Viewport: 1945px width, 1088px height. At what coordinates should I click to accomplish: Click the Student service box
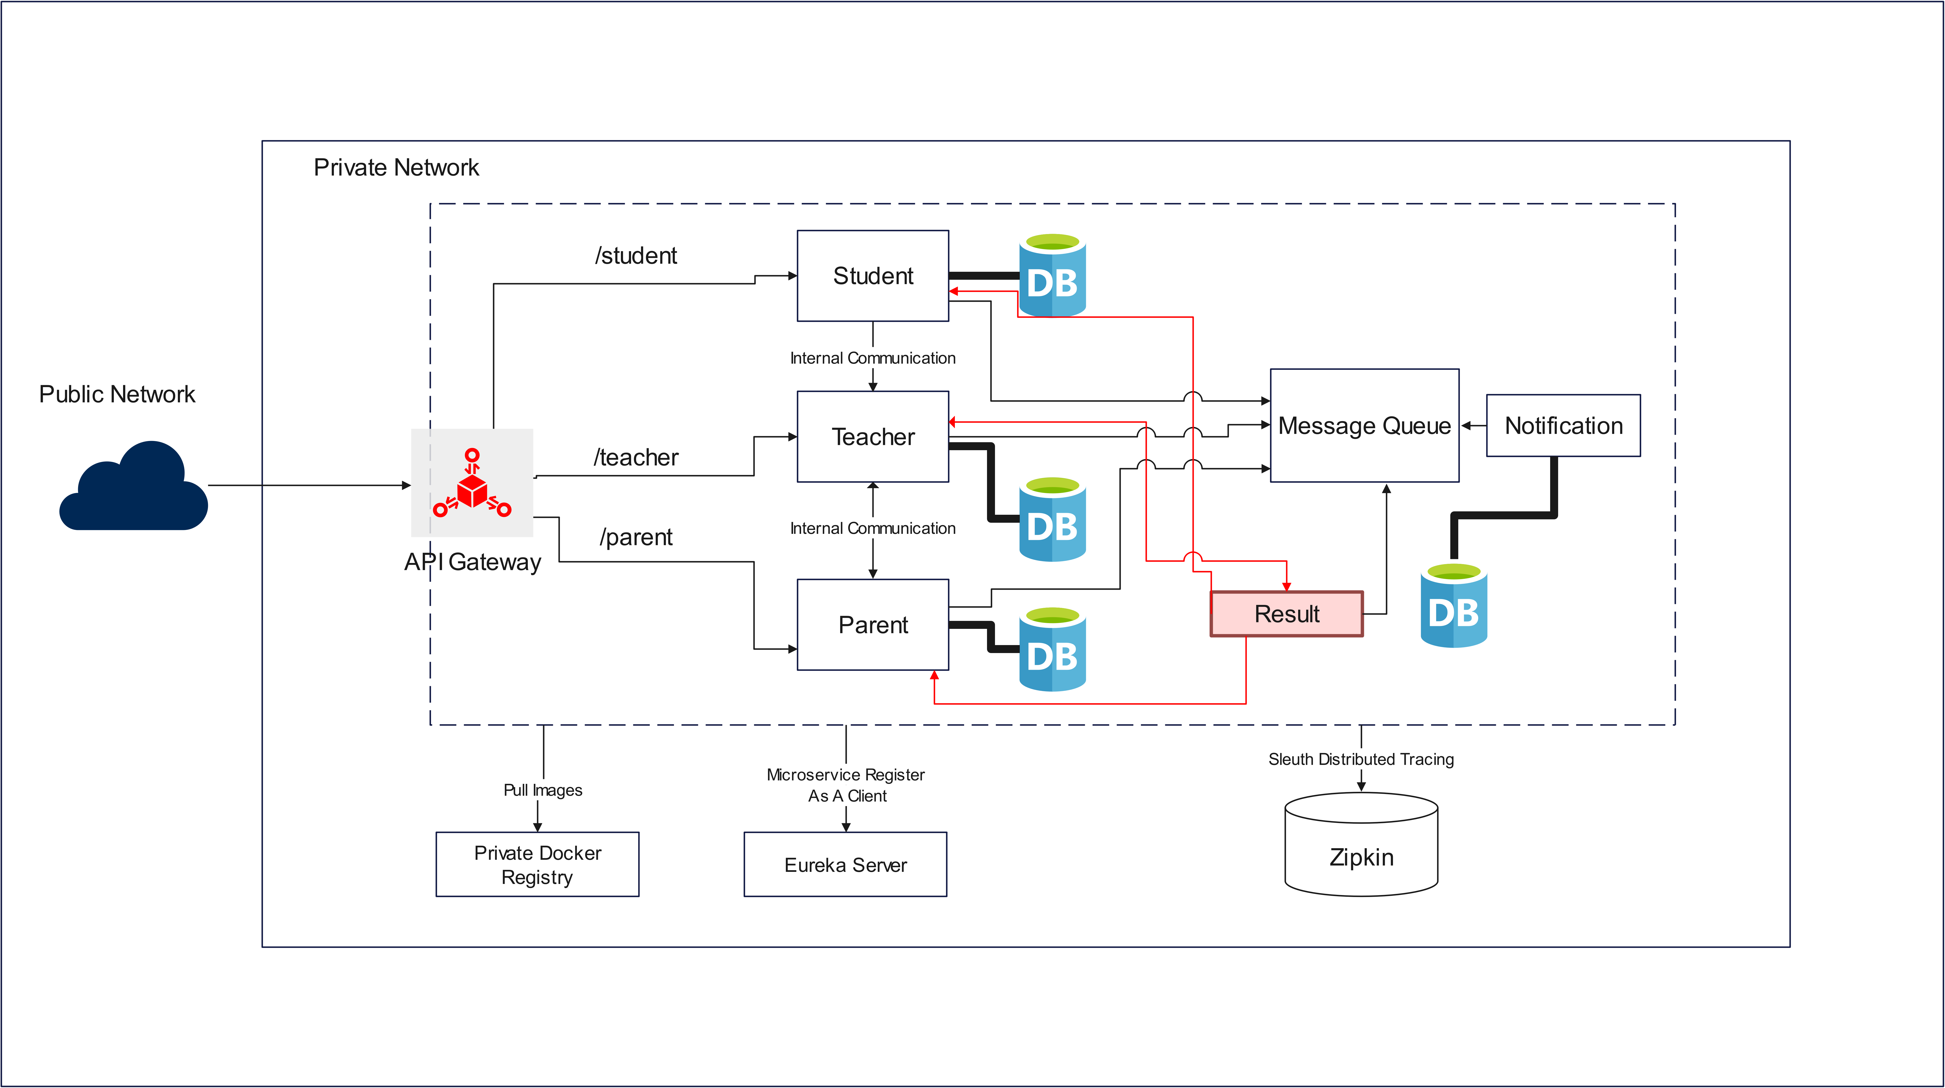(x=873, y=276)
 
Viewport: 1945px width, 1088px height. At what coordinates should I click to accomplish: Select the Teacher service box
(x=873, y=436)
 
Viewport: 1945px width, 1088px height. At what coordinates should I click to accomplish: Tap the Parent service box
(x=873, y=625)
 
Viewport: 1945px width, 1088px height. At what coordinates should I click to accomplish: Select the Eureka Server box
(x=846, y=865)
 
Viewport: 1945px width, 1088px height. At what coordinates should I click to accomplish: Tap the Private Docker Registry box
(x=538, y=865)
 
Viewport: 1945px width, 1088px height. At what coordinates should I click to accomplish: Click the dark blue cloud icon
(x=134, y=487)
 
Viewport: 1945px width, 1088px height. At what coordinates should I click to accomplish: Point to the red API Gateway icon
(x=472, y=483)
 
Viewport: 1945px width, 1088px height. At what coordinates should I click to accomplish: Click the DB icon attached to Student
(x=1053, y=276)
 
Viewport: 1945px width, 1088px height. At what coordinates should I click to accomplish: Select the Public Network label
(x=117, y=394)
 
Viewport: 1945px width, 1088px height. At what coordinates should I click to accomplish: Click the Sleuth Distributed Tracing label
(x=1361, y=759)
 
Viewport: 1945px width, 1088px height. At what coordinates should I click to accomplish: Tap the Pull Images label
(x=543, y=790)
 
